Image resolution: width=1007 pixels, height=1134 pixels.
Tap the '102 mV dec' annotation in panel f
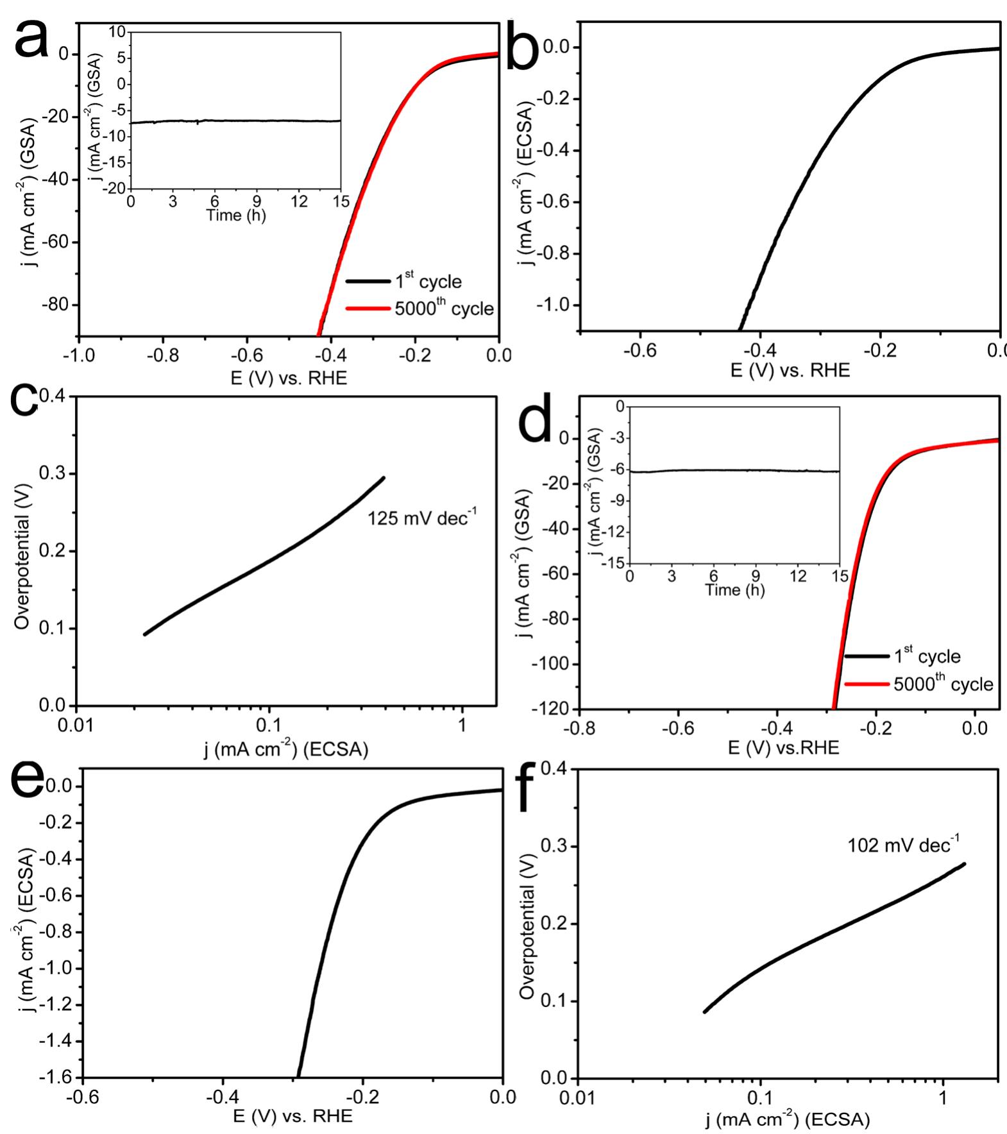(x=903, y=845)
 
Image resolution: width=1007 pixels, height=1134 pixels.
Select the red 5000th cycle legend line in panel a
(x=368, y=309)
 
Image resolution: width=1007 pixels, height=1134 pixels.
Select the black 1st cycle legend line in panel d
(x=867, y=656)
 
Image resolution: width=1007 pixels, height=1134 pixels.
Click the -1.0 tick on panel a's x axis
(x=80, y=355)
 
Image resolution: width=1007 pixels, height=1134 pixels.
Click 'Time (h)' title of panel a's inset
(x=235, y=216)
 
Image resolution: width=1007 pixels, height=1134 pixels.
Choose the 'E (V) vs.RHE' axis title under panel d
(x=784, y=747)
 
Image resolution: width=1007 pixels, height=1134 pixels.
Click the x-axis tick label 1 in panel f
(x=942, y=1097)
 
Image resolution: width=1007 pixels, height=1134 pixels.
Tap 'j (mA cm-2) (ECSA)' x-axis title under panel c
(x=286, y=749)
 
